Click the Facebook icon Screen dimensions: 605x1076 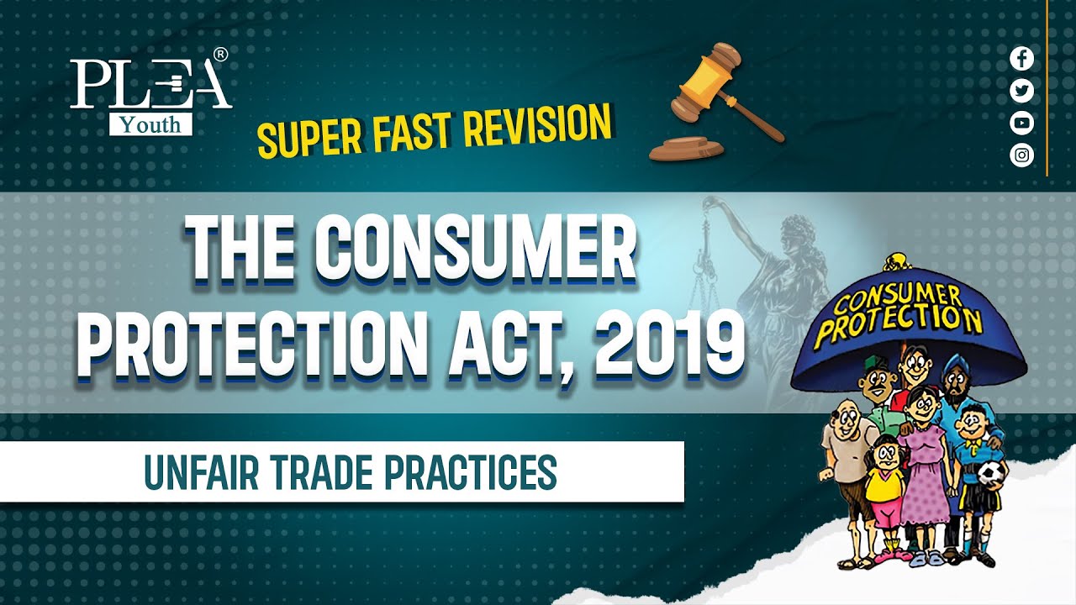tap(1021, 59)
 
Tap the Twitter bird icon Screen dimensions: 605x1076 tap(1021, 91)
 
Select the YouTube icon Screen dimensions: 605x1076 tap(1021, 123)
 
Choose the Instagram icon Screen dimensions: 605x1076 tap(1021, 155)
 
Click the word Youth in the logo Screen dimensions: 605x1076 tap(150, 124)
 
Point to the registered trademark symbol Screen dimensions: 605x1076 tap(220, 55)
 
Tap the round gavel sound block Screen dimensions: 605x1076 tap(686, 148)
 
